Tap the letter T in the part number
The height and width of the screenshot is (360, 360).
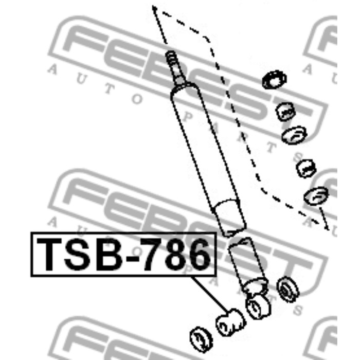click(x=49, y=254)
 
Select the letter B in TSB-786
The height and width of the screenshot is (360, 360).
click(x=109, y=254)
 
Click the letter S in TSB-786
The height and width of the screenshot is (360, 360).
click(x=78, y=254)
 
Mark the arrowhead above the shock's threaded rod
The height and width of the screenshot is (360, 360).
click(x=154, y=8)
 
